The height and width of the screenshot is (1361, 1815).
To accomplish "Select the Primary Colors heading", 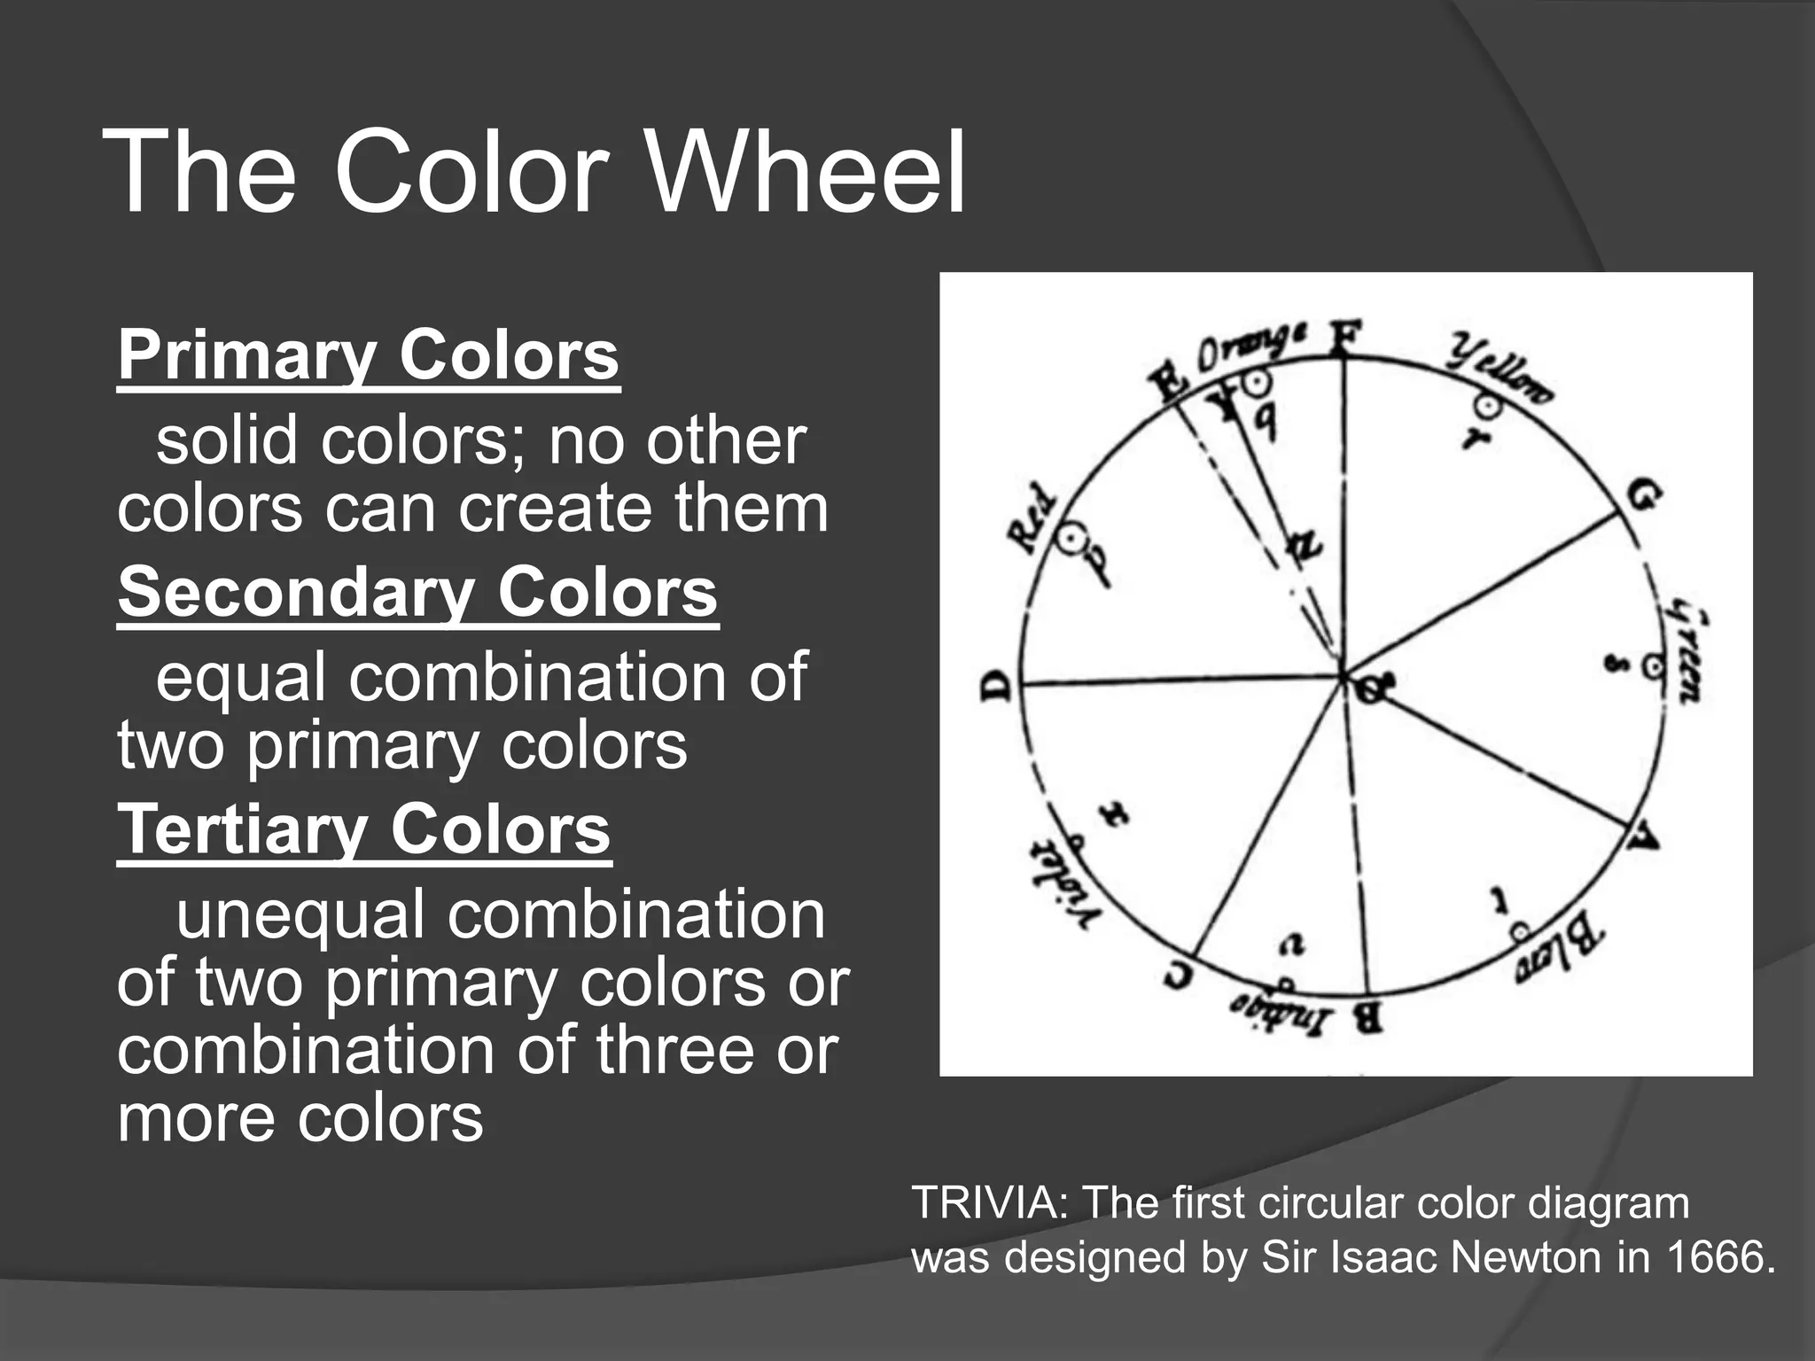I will coord(368,355).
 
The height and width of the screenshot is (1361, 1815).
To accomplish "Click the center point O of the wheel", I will coord(1368,685).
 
